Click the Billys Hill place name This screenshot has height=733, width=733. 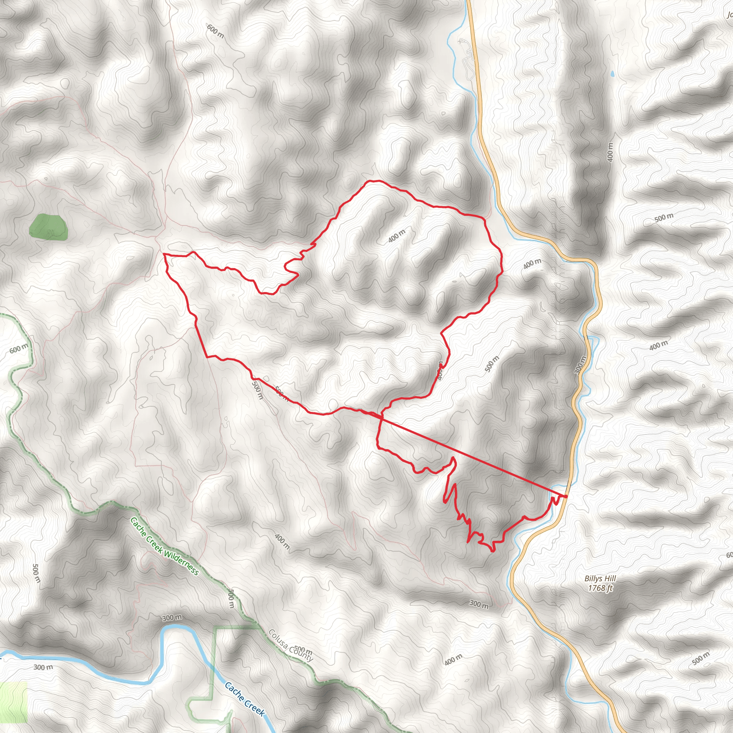tap(600, 579)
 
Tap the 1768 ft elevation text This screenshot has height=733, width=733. tap(600, 588)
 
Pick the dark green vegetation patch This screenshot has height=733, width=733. tap(49, 227)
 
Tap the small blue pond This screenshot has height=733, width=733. tap(612, 74)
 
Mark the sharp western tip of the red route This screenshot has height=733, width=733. tap(164, 255)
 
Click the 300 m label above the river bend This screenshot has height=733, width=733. tap(172, 618)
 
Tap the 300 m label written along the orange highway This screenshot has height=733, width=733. tap(581, 365)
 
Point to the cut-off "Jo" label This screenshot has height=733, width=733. tap(729, 15)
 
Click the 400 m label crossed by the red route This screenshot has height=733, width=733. tap(440, 370)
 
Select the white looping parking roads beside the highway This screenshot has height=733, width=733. tap(469, 57)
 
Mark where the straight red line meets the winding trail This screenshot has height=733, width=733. tap(381, 417)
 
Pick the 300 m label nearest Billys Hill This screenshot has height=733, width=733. tap(479, 605)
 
